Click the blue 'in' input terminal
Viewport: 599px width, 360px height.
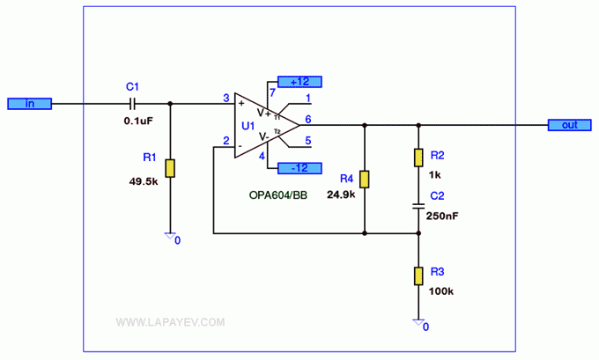click(29, 104)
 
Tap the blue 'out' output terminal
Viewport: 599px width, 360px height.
click(570, 125)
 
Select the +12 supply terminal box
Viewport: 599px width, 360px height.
click(299, 82)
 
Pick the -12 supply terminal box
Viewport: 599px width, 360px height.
click(299, 168)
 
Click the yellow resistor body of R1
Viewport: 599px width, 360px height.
click(170, 168)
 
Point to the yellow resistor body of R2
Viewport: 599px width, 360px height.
click(418, 158)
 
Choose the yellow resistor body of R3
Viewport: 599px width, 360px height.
click(418, 276)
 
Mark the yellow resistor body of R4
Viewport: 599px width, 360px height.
click(365, 179)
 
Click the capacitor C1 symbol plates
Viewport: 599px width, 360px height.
click(132, 104)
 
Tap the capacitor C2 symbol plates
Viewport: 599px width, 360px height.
click(418, 206)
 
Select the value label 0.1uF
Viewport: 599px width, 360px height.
click(138, 121)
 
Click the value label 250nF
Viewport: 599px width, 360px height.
click(442, 216)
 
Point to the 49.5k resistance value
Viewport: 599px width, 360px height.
click(144, 181)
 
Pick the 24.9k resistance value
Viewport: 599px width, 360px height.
click(341, 195)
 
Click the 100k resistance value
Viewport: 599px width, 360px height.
click(440, 291)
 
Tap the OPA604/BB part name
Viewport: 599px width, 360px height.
click(278, 195)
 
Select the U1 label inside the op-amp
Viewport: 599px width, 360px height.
click(248, 126)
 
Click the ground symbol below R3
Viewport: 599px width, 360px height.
click(418, 322)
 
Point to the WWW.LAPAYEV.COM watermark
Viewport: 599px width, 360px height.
click(170, 322)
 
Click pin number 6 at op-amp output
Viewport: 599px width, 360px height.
click(308, 120)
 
